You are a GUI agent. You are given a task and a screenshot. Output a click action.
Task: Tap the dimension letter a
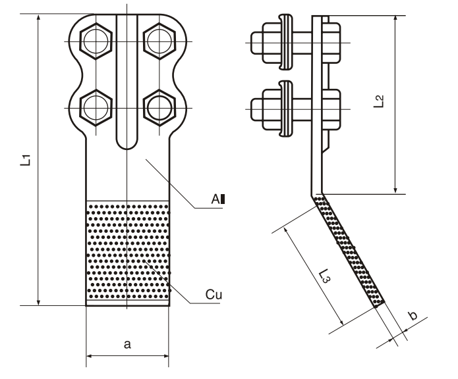[127, 343]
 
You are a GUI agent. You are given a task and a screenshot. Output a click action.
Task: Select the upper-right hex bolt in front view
[157, 43]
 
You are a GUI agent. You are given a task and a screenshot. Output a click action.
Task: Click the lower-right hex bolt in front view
[157, 107]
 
